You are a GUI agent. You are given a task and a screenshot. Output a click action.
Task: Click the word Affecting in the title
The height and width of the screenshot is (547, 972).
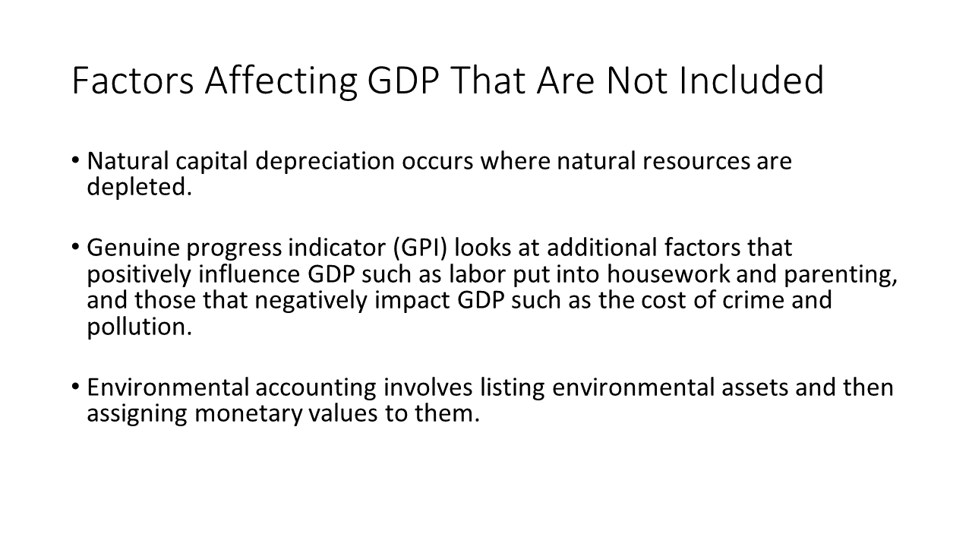(281, 81)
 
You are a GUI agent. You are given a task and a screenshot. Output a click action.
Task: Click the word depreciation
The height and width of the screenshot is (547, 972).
(324, 162)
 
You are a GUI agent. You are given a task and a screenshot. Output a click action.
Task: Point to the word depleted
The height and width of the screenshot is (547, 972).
(139, 188)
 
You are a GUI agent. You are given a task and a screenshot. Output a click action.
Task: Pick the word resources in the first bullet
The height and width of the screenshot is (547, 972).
(696, 162)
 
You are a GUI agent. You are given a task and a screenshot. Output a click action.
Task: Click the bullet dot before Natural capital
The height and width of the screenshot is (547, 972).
(75, 160)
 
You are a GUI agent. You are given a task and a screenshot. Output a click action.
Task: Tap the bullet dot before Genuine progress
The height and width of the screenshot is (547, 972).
(75, 247)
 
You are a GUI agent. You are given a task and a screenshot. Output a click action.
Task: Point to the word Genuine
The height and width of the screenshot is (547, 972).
(133, 248)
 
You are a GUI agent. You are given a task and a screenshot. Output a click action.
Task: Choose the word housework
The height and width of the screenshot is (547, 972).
(668, 274)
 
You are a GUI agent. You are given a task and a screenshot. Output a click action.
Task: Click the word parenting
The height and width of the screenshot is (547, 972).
(841, 275)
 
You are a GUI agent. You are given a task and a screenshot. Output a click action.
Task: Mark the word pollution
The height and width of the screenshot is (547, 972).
(139, 327)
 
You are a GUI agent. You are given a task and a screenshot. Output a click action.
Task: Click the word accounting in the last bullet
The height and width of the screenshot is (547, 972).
(315, 388)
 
